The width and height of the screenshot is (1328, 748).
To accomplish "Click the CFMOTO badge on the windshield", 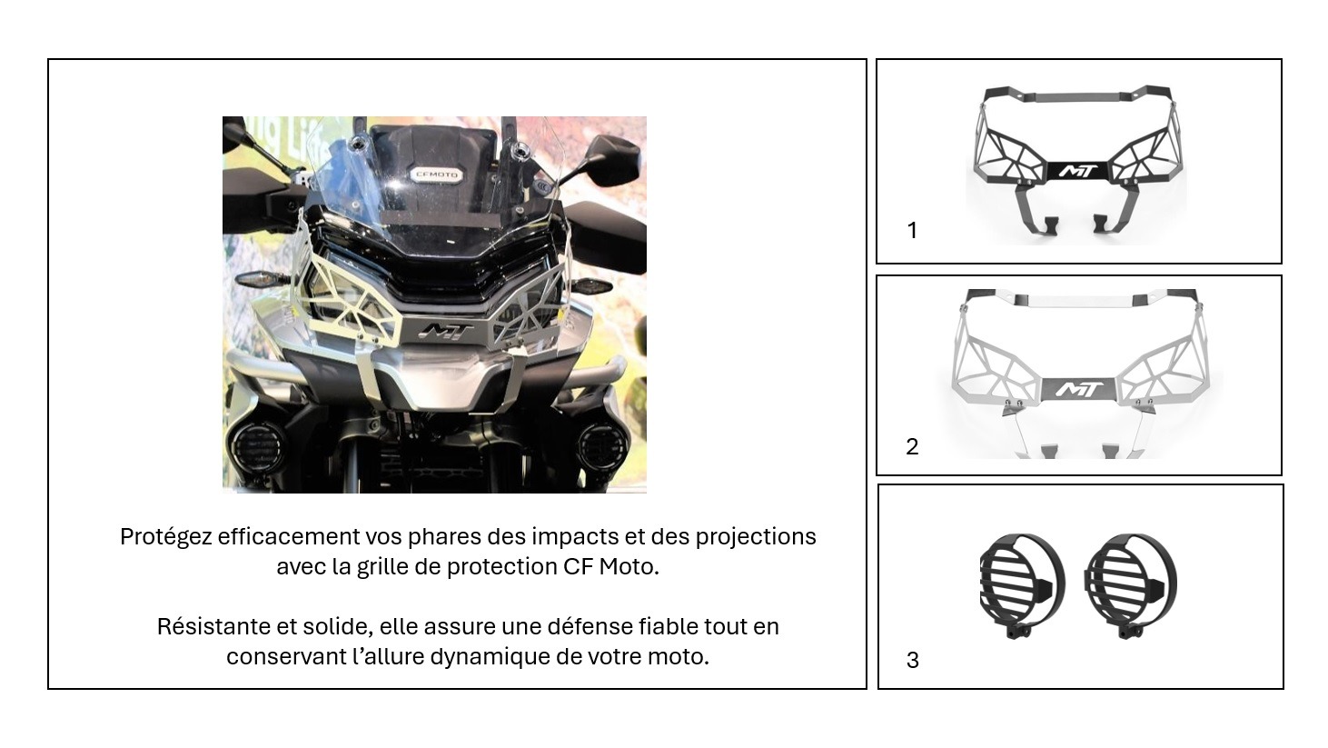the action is pyautogui.click(x=436, y=175).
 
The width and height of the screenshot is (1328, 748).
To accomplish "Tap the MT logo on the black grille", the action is pyautogui.click(x=1079, y=171).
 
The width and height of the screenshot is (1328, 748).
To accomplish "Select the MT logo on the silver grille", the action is pyautogui.click(x=1079, y=389).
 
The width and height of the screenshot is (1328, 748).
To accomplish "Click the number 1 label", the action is pyautogui.click(x=912, y=230).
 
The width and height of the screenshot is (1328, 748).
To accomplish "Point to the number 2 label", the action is pyautogui.click(x=912, y=446).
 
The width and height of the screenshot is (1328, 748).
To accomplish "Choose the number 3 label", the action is pyautogui.click(x=912, y=660).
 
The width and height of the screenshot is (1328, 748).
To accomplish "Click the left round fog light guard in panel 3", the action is pyautogui.click(x=1022, y=584).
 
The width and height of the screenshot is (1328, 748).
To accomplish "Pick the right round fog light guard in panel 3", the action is pyautogui.click(x=1130, y=584).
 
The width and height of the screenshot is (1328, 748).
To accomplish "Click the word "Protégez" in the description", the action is pyautogui.click(x=166, y=537).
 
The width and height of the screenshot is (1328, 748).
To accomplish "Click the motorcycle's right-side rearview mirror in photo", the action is pyautogui.click(x=608, y=159).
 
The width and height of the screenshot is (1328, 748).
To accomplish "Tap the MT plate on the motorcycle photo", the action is pyautogui.click(x=446, y=333).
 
